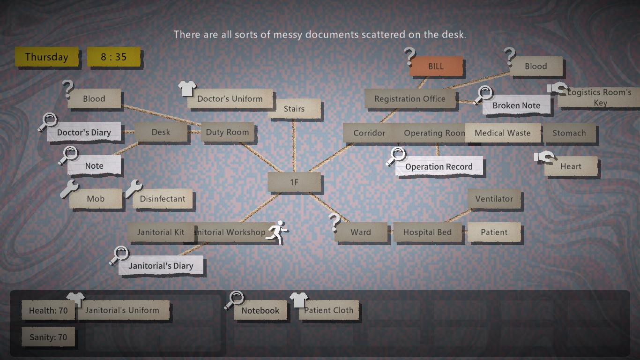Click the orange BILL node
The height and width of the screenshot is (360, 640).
coord(436,67)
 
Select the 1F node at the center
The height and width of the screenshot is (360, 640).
coord(294,182)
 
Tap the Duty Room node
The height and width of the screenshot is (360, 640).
coord(227,132)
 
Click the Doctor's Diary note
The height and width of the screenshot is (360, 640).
coord(84,133)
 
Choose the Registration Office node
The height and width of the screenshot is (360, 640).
coord(410,99)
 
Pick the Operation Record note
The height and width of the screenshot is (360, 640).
coord(439,166)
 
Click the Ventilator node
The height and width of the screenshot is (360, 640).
coord(494,199)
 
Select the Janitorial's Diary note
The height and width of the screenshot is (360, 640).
coord(161,266)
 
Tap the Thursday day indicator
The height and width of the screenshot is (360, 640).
coord(46,57)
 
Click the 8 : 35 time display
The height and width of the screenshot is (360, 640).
coord(113,57)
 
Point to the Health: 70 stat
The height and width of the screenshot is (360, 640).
coord(48,310)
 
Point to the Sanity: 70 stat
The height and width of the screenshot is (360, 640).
coord(48,337)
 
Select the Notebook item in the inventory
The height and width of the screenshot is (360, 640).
coord(260,310)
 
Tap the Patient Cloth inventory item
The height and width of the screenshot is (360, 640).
coord(329,310)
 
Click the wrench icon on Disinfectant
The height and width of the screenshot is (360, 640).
coord(134,188)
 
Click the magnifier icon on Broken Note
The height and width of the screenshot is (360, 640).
coord(483,95)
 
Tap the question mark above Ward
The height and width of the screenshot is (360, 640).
coord(335,222)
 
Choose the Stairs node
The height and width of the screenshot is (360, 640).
coord(294,109)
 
